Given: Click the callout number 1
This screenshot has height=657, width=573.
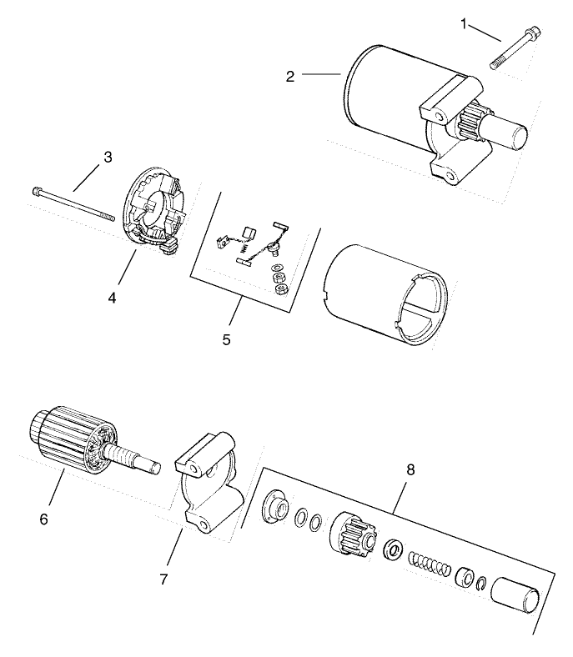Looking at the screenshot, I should click(464, 23).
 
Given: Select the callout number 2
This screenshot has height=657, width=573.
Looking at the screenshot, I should click(289, 76).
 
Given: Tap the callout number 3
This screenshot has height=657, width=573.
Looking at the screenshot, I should click(108, 156).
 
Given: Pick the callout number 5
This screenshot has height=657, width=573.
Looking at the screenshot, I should click(227, 339).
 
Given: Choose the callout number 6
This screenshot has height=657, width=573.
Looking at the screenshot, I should click(43, 519).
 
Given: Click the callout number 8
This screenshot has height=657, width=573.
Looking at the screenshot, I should click(410, 469).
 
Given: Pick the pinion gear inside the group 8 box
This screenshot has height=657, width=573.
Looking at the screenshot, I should click(354, 531).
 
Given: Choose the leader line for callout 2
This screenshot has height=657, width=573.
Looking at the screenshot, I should click(321, 75).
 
